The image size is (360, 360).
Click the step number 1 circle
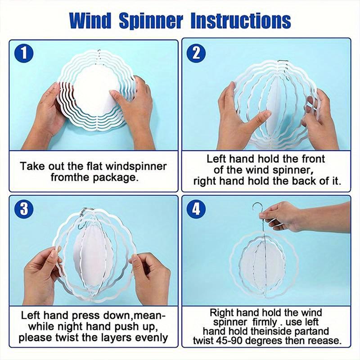[x=23, y=53]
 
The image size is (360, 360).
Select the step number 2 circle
[x=196, y=53]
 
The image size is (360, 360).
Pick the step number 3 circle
[x=23, y=209]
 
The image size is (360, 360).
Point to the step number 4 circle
[x=196, y=209]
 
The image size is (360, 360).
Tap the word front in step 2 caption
[x=310, y=158]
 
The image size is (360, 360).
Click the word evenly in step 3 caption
[x=146, y=337]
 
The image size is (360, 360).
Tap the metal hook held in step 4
[x=258, y=211]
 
